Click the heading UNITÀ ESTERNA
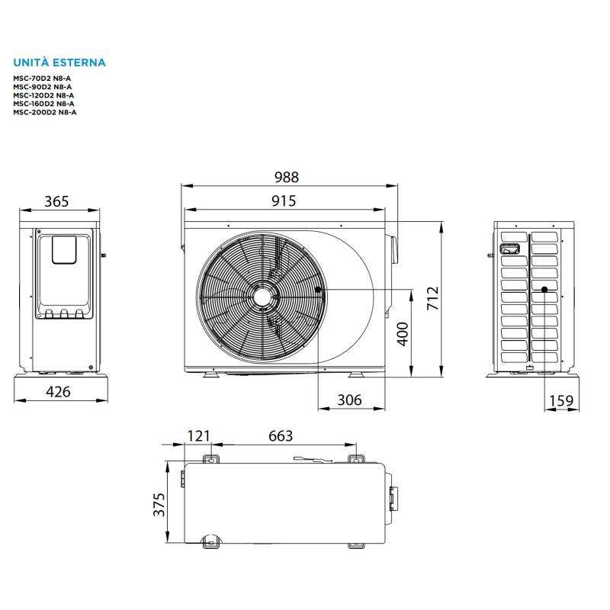(59, 63)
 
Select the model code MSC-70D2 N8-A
(42, 79)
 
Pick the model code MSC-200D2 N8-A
(45, 112)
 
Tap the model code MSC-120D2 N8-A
(43, 95)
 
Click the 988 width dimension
(287, 178)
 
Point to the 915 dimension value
(284, 201)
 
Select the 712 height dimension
(433, 298)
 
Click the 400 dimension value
(403, 334)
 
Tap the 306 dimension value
(349, 400)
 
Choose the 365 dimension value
(56, 201)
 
